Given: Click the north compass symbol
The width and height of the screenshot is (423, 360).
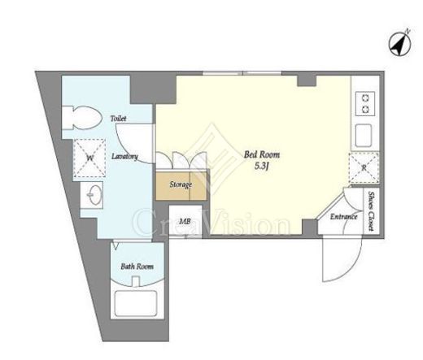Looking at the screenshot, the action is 400,44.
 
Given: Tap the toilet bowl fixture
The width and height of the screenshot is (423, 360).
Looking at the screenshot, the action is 81,118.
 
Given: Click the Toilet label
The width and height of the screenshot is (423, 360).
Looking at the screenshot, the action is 118,119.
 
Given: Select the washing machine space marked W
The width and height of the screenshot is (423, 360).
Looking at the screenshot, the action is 89,158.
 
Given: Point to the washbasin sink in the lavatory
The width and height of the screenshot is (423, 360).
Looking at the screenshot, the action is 92,195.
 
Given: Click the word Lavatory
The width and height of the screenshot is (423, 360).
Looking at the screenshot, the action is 124,156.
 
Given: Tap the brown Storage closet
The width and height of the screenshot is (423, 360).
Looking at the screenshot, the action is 181,185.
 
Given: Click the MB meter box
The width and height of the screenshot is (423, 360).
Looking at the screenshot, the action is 185,222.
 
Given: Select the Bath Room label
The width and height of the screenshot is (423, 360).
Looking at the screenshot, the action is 137,267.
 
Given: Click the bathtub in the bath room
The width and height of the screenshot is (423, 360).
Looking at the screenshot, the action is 136,303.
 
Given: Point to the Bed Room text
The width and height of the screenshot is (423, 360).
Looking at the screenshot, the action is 262,154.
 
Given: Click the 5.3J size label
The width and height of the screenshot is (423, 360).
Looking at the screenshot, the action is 261,166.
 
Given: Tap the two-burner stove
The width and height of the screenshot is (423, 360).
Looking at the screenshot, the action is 365,104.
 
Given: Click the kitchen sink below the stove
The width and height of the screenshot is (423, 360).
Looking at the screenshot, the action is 364,136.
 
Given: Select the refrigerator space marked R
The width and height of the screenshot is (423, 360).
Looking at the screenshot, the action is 364,168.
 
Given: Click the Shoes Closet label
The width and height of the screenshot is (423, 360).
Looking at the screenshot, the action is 371,211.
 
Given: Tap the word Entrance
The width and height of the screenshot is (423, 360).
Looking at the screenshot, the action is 343,217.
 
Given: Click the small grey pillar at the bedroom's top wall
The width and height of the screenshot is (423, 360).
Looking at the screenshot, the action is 307,80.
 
